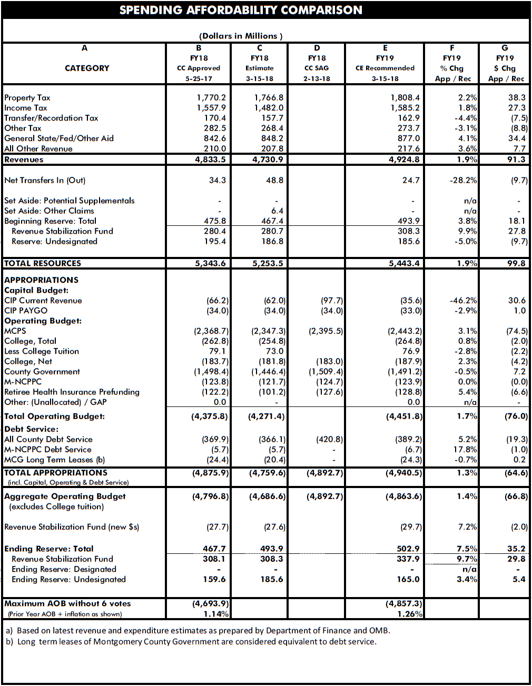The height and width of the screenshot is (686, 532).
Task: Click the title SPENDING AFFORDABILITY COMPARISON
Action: pyautogui.click(x=241, y=10)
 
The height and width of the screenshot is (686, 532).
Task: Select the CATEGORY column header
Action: pyautogui.click(x=87, y=68)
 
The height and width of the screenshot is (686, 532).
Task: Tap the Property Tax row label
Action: pyautogui.click(x=27, y=97)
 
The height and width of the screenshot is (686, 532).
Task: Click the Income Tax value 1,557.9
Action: pyautogui.click(x=211, y=108)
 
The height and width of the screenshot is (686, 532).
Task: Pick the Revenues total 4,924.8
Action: pyautogui.click(x=405, y=160)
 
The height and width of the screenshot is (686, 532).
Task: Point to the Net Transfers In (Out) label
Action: pyautogui.click(x=45, y=180)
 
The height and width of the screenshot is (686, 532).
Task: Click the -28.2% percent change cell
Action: pyautogui.click(x=463, y=180)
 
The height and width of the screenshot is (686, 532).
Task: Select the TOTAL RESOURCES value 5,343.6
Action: pyautogui.click(x=210, y=263)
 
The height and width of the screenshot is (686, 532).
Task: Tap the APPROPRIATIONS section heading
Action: pyautogui.click(x=41, y=280)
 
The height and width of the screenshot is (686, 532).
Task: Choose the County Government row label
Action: pyautogui.click(x=42, y=372)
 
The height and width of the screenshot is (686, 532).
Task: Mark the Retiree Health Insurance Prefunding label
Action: pyautogui.click(x=72, y=392)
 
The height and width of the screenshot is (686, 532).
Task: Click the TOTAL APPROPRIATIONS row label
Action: pyautogui.click(x=56, y=473)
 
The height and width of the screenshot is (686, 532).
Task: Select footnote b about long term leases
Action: pyautogui.click(x=191, y=641)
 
